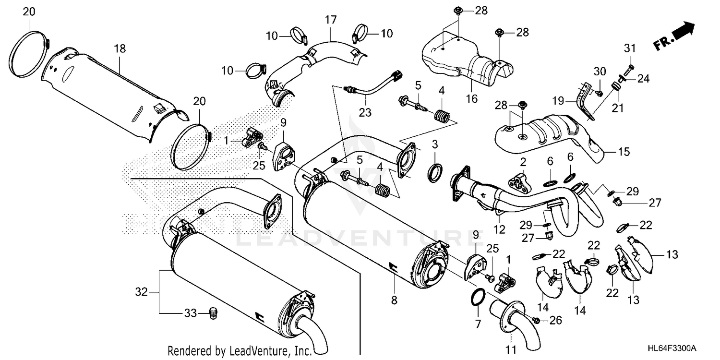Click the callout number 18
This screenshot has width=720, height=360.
pos(119,48)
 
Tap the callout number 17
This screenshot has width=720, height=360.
pos(330,20)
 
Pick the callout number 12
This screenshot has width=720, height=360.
pos(500,230)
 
